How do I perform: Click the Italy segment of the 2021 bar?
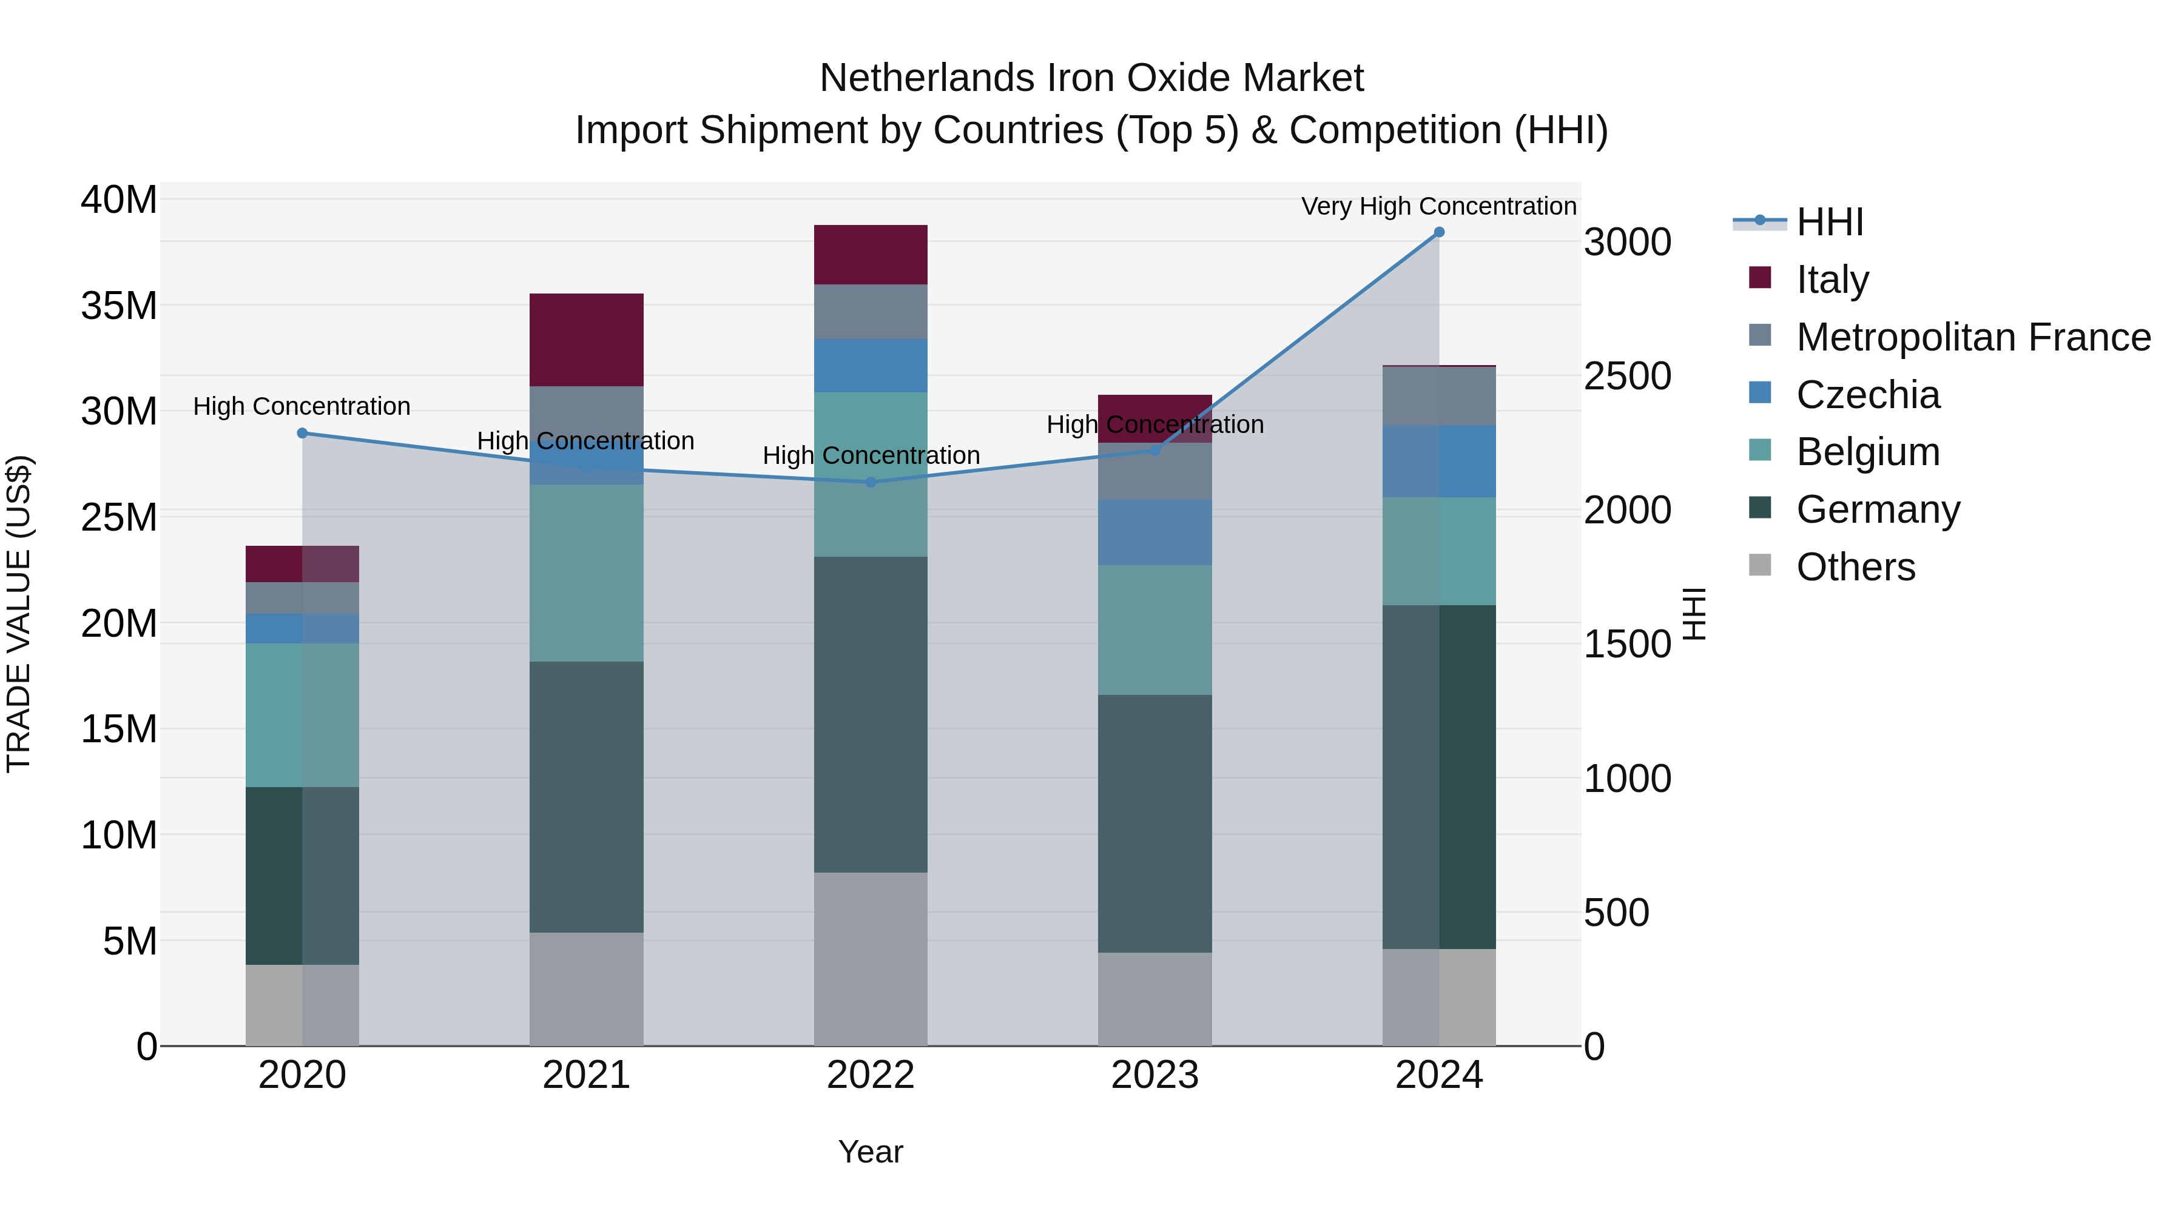tap(586, 339)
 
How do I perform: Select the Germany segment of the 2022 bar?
tap(870, 714)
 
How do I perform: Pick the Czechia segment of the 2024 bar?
tap(1439, 460)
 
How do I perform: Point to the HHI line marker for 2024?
tap(1439, 232)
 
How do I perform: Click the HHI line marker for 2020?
tap(303, 433)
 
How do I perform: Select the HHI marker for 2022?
tap(871, 482)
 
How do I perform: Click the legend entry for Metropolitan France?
tap(1973, 337)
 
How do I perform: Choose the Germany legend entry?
tap(1878, 509)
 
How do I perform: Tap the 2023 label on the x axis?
tap(1154, 1075)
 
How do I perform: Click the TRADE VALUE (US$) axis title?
tap(19, 614)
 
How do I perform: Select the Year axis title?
tap(870, 1152)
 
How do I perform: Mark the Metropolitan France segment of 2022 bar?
tap(870, 311)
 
